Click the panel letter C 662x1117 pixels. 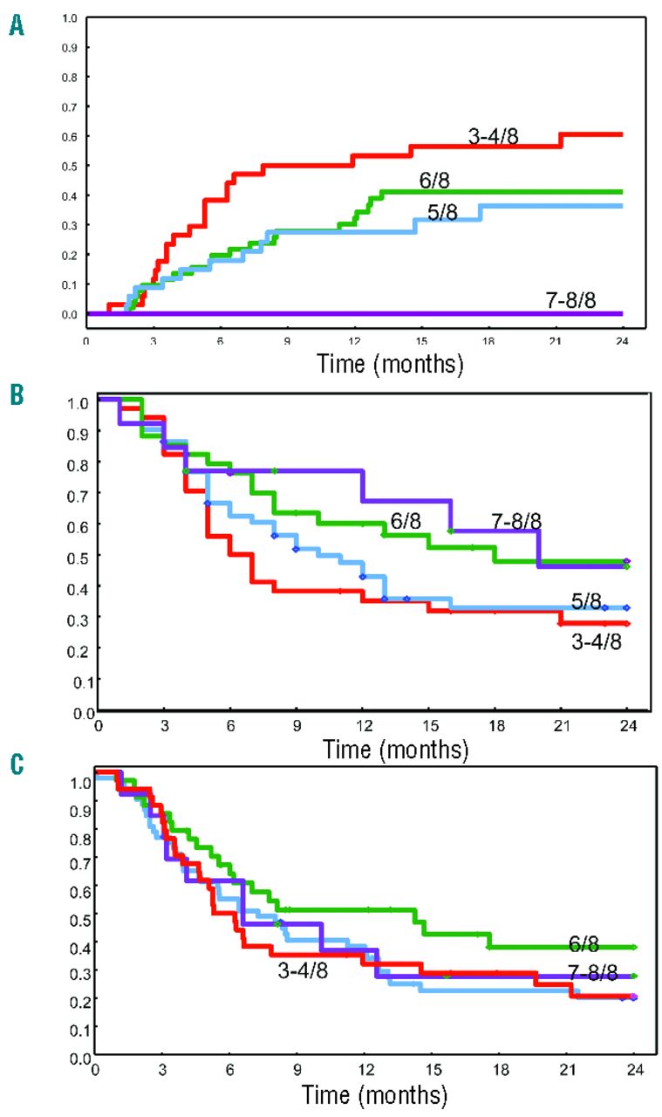tap(16, 765)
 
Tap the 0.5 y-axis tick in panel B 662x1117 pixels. tap(80, 555)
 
